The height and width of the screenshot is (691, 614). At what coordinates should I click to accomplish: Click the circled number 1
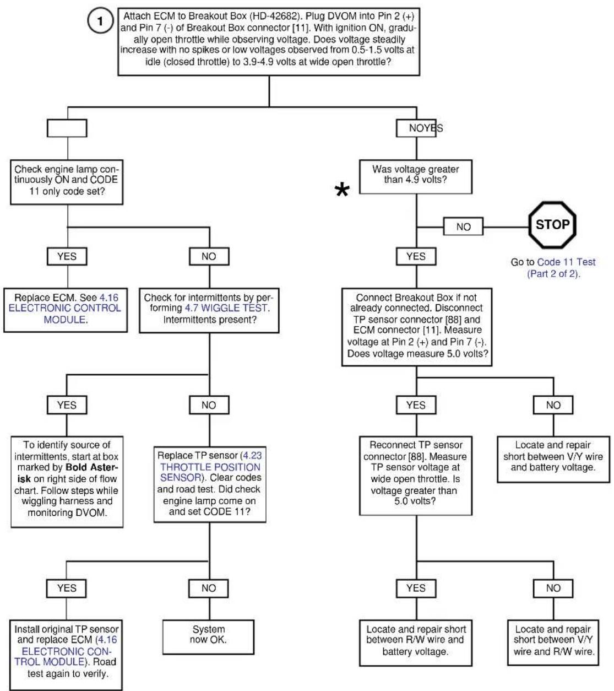coord(100,20)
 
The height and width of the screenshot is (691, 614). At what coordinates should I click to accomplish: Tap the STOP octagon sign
coord(552,225)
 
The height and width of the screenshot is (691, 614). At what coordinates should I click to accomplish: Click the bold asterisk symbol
coord(342,190)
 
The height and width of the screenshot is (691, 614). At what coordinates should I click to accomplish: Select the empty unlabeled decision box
coord(67,128)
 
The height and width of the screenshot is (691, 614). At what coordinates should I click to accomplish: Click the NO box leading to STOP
coord(463,226)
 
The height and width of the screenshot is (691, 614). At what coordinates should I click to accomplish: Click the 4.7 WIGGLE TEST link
coord(226,308)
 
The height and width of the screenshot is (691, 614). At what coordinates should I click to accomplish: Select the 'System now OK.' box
coord(208,637)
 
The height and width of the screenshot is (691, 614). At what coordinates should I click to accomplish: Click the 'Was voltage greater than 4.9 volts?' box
coord(416,177)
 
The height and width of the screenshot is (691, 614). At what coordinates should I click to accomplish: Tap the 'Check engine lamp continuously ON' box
coord(67,182)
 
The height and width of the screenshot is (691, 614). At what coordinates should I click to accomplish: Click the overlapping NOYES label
coord(426,128)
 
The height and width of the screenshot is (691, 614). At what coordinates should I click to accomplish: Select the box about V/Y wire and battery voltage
coord(553,459)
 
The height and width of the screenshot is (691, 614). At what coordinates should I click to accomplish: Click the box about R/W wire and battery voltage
coord(416,643)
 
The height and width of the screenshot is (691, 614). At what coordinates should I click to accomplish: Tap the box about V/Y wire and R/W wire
coord(553,642)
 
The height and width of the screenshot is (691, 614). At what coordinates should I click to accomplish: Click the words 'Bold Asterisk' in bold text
coord(67,473)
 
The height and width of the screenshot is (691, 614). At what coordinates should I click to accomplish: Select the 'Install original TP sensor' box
coord(66,655)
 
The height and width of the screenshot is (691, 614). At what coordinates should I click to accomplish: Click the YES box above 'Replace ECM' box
coord(67,256)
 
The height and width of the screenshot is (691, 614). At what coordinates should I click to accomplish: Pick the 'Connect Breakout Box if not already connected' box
coord(417,327)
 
